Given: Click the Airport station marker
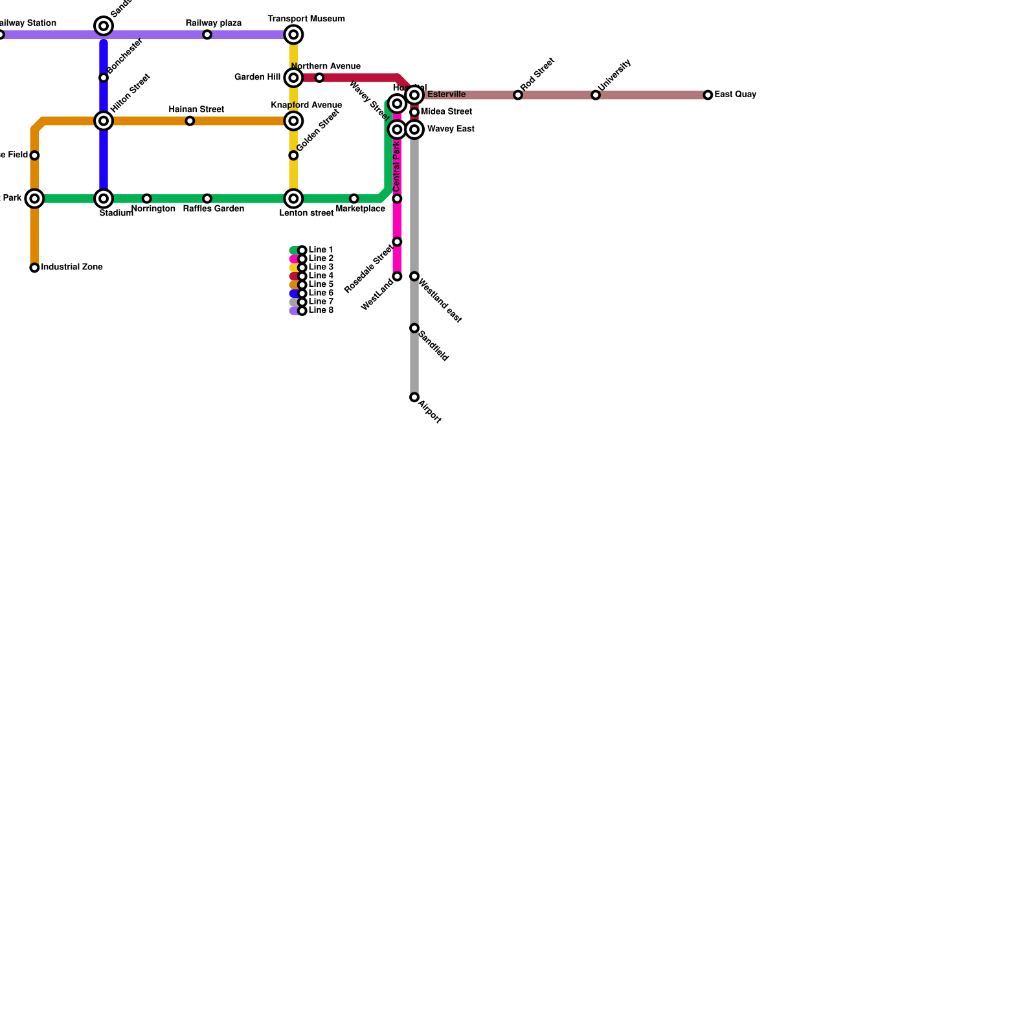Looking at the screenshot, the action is point(414,398).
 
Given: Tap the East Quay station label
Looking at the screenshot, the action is point(735,95).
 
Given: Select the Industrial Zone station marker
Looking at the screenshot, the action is point(34,268).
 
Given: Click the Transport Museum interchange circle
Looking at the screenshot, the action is point(294,34).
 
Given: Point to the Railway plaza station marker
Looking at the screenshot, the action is point(207,35).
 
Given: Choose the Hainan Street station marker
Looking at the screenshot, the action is point(190,121).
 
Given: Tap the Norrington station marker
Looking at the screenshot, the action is point(147,199).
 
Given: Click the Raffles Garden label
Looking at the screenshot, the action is point(213,209).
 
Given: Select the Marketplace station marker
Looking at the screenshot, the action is point(354,199).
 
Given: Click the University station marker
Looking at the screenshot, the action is point(596,95).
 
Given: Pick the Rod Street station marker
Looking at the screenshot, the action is point(518,95).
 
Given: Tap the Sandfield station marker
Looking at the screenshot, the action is point(414,328).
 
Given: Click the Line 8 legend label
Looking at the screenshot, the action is point(321,311).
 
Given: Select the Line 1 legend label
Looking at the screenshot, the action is point(321,250).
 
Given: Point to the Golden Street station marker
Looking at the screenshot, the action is point(293,155).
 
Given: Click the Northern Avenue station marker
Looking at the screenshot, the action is point(319,78).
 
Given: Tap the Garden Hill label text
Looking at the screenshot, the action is point(257,78).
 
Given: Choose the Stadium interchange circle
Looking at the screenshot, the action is point(104,199).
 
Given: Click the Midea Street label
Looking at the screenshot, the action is point(446,112).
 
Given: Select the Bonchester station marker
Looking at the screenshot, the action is point(104,78).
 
